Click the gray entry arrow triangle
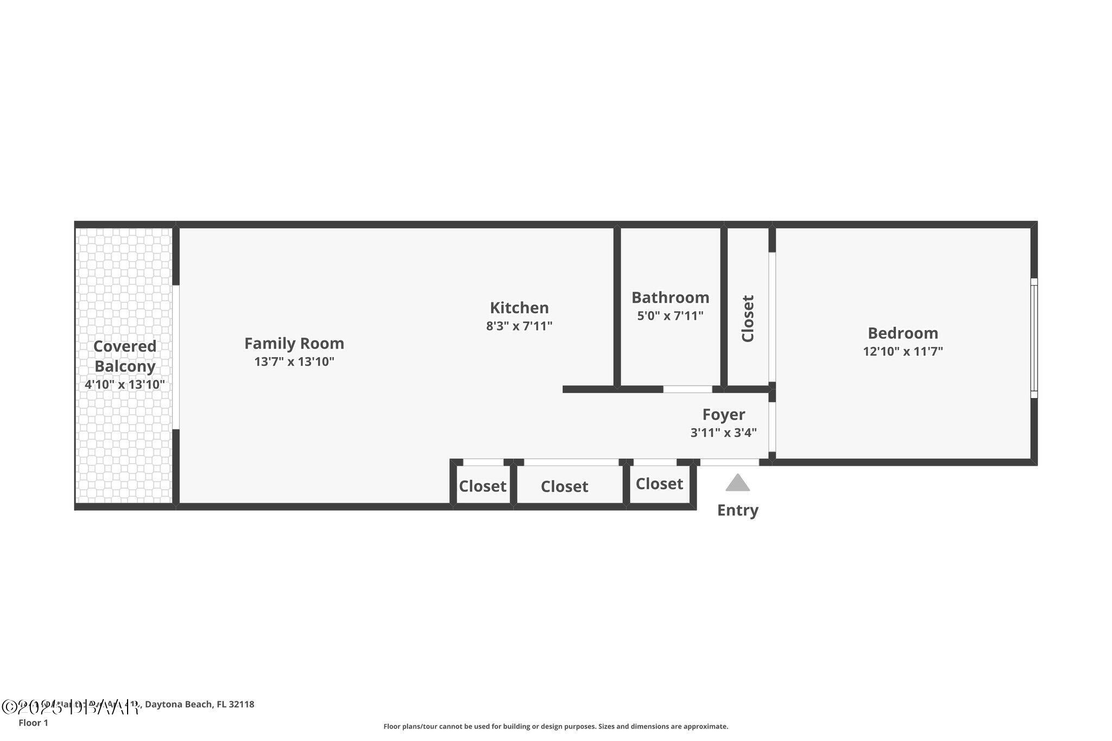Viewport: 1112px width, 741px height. (x=737, y=483)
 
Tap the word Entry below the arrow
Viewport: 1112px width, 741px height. (x=737, y=510)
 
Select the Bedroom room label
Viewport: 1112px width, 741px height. (x=902, y=333)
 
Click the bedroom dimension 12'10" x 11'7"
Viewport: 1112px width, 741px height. (x=902, y=351)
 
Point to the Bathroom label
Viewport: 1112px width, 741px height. (x=670, y=297)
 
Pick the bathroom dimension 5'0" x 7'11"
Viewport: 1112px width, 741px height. (x=670, y=316)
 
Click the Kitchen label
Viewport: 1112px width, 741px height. (x=519, y=308)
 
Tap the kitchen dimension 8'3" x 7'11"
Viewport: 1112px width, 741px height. (x=519, y=326)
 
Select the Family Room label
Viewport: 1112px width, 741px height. (x=294, y=344)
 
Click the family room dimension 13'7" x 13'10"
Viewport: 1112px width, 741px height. (x=294, y=362)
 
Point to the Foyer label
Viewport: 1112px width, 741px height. (x=723, y=415)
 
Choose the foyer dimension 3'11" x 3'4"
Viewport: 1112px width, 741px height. (x=723, y=433)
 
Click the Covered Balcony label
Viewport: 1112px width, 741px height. (x=125, y=356)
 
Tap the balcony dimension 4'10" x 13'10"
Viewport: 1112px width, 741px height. (x=125, y=385)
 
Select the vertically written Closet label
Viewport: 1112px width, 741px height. (x=748, y=319)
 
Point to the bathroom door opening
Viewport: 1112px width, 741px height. (x=687, y=389)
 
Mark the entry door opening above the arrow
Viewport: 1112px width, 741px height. (x=729, y=463)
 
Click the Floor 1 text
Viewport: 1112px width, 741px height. (x=33, y=723)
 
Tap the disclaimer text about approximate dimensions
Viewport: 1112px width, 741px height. (x=555, y=726)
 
